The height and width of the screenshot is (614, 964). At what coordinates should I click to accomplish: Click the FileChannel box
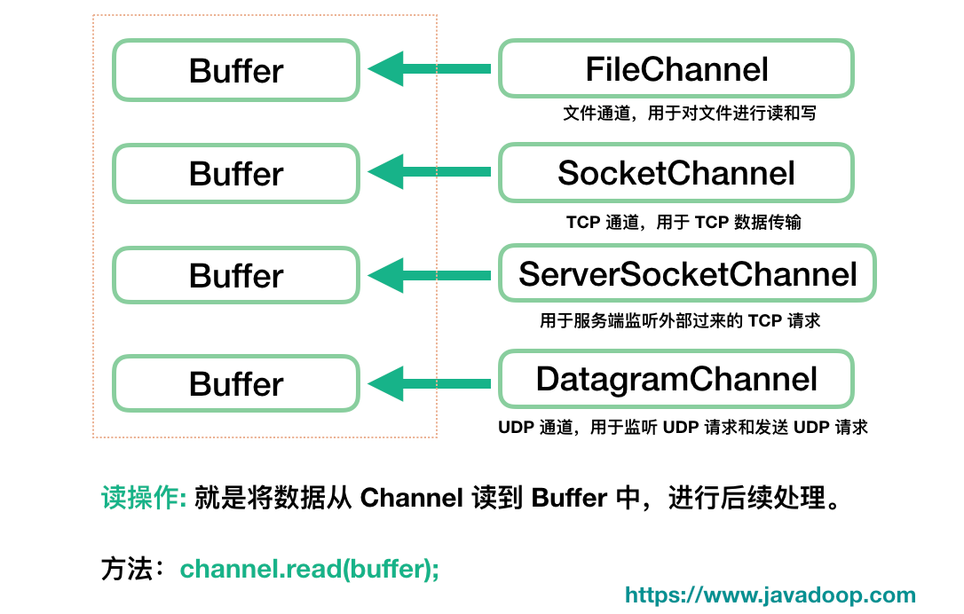(x=676, y=69)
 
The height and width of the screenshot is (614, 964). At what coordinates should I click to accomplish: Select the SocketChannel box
(x=676, y=173)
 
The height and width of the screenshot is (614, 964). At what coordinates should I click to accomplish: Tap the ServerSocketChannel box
(x=687, y=274)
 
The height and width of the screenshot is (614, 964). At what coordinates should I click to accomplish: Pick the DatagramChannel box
(x=676, y=379)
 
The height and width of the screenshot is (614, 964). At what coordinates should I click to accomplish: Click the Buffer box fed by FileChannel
(x=236, y=70)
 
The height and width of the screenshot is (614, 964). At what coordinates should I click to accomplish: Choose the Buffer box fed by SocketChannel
(x=236, y=174)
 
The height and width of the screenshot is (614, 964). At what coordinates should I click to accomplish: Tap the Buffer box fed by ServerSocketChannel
(x=236, y=275)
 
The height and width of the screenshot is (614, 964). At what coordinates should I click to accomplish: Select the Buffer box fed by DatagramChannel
(x=236, y=384)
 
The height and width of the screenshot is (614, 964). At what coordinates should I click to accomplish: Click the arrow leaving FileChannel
(x=430, y=69)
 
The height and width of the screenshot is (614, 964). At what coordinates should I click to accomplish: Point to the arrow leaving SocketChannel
(x=430, y=172)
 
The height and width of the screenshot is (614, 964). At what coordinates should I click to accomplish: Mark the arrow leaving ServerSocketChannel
(x=430, y=275)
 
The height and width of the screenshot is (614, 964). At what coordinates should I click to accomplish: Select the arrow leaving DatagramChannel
(x=430, y=383)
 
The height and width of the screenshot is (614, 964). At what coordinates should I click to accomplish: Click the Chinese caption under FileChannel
(x=689, y=114)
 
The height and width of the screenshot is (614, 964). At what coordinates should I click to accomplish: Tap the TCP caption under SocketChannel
(x=683, y=222)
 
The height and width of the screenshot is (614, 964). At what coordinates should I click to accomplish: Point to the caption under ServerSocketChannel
(x=680, y=320)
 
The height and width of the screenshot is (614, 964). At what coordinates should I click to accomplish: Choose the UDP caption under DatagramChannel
(x=683, y=428)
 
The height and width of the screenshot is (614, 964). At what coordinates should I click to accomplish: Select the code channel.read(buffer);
(x=310, y=569)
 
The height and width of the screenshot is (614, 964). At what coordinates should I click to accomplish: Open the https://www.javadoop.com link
(x=770, y=595)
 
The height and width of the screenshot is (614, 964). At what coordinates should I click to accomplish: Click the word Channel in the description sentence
(x=411, y=499)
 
